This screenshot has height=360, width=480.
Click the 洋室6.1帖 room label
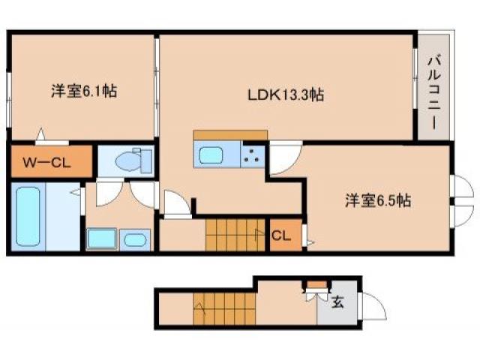(x=83, y=91)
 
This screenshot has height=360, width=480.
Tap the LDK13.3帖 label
(x=286, y=95)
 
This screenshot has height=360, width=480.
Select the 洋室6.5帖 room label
(x=377, y=200)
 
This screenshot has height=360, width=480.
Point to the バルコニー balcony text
(x=434, y=91)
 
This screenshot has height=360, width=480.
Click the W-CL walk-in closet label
(x=46, y=161)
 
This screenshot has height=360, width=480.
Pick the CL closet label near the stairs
(x=280, y=235)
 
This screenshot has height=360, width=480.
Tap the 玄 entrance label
(x=337, y=303)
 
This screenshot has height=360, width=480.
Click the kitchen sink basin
(x=211, y=156)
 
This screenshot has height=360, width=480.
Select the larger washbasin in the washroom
(x=100, y=239)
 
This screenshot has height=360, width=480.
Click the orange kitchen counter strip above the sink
(x=230, y=135)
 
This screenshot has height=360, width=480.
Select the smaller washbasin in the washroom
(x=136, y=240)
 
